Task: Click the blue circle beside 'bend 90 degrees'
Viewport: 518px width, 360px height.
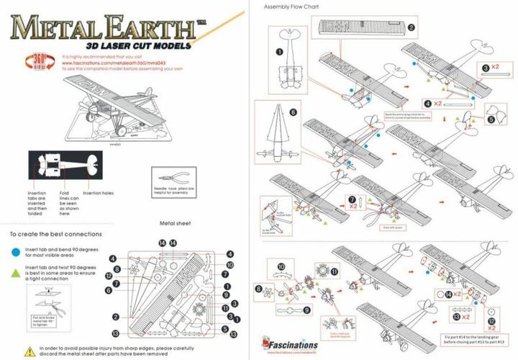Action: coord(15,252)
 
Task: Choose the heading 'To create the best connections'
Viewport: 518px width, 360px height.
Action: coord(55,234)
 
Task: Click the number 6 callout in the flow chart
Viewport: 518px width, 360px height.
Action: coord(293,113)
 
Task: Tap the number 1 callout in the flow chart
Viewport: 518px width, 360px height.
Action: coord(278,52)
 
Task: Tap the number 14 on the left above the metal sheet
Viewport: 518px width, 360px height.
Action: coord(163,243)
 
